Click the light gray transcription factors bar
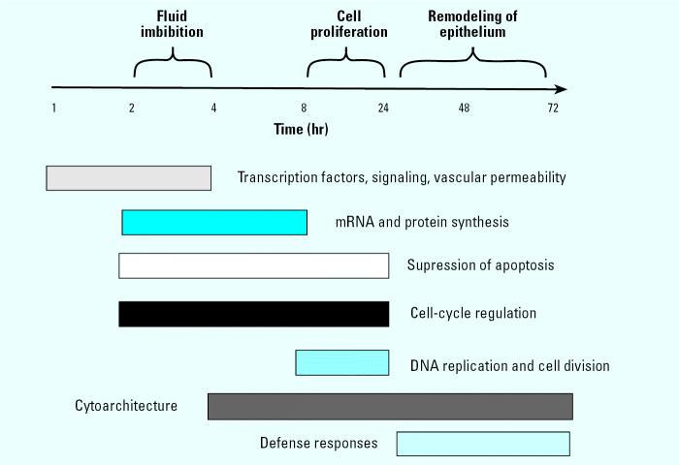[129, 178]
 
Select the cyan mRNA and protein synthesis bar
[214, 222]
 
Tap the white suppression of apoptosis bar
[253, 265]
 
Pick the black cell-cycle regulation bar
[253, 314]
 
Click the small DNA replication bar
[342, 362]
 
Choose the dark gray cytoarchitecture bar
[390, 406]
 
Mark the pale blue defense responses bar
[483, 444]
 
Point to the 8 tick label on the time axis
[304, 108]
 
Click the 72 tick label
[553, 108]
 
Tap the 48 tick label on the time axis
[465, 108]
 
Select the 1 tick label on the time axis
[53, 108]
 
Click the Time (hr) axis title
[300, 130]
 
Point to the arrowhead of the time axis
[561, 89]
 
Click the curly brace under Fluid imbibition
[173, 69]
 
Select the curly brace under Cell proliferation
[345, 69]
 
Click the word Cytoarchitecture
[126, 406]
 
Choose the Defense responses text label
[318, 444]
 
